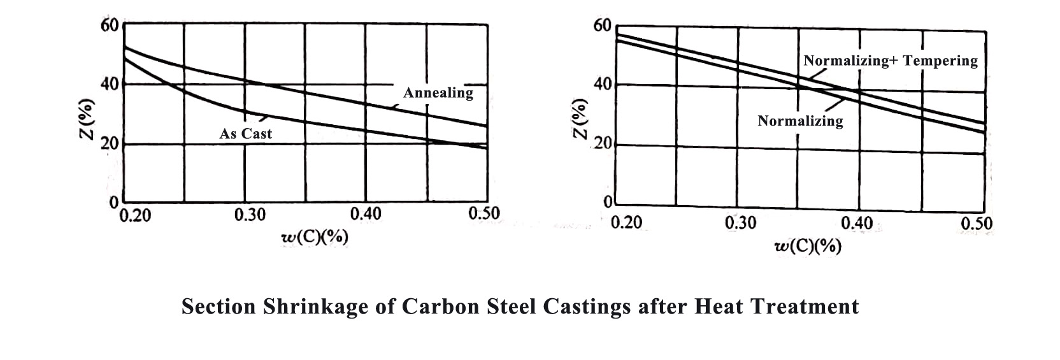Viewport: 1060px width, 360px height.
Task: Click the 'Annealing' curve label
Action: click(438, 93)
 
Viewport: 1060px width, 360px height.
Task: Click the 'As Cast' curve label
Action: click(245, 134)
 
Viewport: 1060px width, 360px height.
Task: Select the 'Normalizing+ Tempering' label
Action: click(890, 61)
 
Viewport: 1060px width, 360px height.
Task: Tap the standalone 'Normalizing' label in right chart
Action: click(799, 121)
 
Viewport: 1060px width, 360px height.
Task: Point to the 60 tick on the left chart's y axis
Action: click(109, 25)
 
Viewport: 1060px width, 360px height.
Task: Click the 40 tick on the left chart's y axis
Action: click(109, 84)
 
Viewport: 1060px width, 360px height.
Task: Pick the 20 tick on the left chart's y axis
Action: click(109, 144)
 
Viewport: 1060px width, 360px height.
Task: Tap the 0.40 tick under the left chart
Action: click(366, 214)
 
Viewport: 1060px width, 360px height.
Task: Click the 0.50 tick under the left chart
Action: click(484, 213)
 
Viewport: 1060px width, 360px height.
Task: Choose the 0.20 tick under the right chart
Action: click(626, 223)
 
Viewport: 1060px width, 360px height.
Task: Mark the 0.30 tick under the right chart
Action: click(741, 223)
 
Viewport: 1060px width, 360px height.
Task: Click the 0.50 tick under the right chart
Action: click(977, 224)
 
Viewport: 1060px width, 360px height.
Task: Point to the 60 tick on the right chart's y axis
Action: click(602, 26)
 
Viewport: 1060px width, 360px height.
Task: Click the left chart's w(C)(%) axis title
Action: click(315, 237)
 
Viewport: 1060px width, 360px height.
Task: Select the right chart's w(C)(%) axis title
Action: click(807, 247)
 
